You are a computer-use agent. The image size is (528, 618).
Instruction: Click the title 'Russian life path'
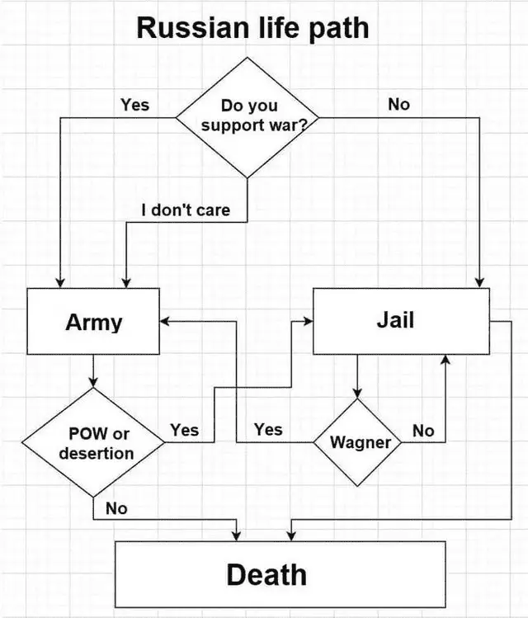tap(252, 28)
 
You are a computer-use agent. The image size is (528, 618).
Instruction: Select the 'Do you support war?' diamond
tap(247, 116)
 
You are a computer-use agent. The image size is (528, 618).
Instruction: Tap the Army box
tap(93, 322)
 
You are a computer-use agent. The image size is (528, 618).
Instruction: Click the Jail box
tap(401, 320)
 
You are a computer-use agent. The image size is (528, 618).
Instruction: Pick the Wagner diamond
tap(360, 442)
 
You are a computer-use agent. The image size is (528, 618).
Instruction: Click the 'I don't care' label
tap(185, 210)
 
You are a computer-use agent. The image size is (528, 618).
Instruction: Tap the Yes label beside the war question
tap(134, 105)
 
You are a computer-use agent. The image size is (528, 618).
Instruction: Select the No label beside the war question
tap(398, 105)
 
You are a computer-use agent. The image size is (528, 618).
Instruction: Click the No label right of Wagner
tap(423, 431)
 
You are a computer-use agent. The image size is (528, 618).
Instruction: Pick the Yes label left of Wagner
tap(268, 429)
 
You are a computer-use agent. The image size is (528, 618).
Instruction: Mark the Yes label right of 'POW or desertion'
tap(184, 430)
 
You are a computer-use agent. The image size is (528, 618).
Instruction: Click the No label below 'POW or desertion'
tap(116, 508)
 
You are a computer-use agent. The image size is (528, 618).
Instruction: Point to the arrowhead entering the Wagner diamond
tap(357, 394)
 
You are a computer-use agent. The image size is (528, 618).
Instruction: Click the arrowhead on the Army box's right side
tap(165, 320)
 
